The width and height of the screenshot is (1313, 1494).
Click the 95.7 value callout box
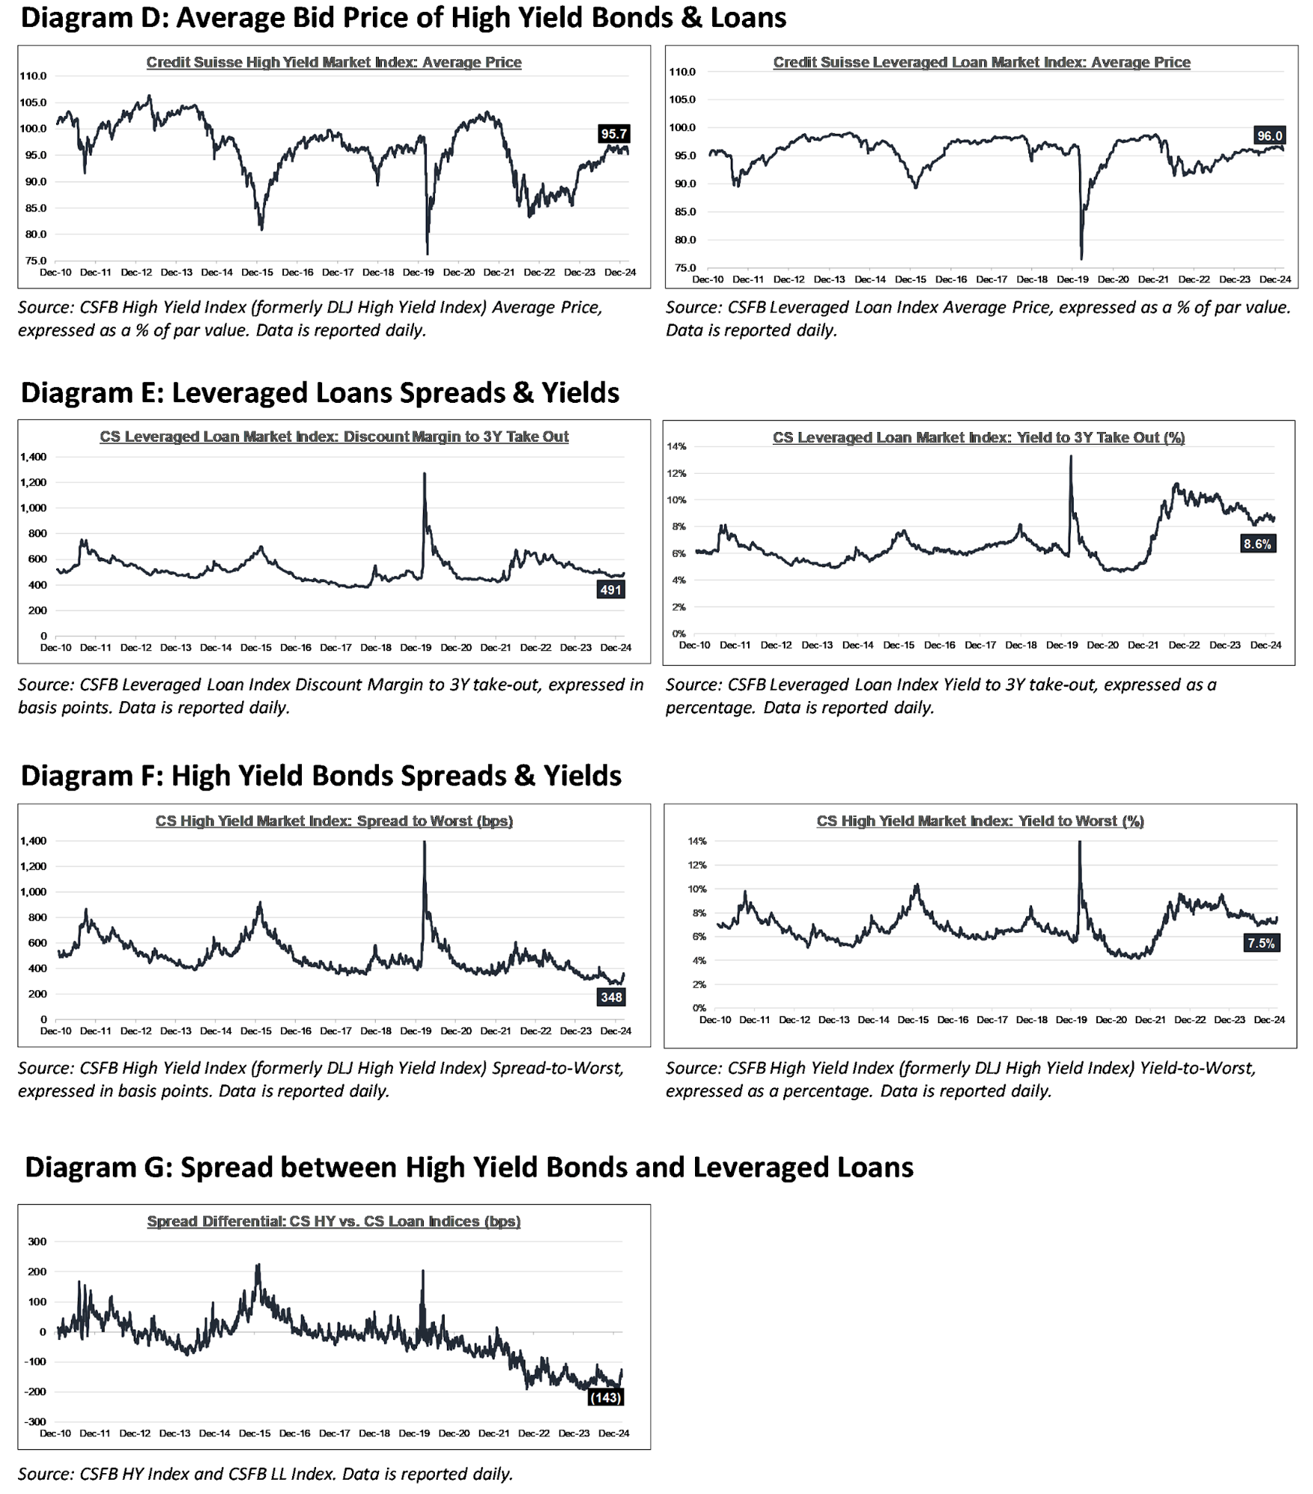614,134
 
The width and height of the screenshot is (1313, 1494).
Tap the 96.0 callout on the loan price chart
1270,135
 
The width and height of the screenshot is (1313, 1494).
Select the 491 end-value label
611,590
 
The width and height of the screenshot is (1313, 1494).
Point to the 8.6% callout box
1257,544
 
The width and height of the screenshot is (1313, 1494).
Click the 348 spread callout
611,997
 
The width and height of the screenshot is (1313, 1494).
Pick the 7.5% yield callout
1261,943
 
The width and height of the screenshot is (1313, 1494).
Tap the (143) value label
605,1397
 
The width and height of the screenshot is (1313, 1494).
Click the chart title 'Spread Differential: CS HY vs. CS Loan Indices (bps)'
333,1220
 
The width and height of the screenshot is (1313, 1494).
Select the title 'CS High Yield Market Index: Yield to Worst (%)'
980,821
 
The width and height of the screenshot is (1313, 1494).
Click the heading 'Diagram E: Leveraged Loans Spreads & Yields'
320,392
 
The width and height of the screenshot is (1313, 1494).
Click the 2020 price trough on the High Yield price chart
427,253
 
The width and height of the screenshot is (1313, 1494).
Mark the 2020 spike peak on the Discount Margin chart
424,473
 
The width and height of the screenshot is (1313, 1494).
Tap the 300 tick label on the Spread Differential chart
37,1241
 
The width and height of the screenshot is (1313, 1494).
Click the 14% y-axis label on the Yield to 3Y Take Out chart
676,446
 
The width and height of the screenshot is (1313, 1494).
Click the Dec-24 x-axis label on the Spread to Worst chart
616,1031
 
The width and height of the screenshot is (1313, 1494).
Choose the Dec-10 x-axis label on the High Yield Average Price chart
55,272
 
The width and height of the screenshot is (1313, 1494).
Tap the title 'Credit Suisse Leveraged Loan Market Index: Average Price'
981,62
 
